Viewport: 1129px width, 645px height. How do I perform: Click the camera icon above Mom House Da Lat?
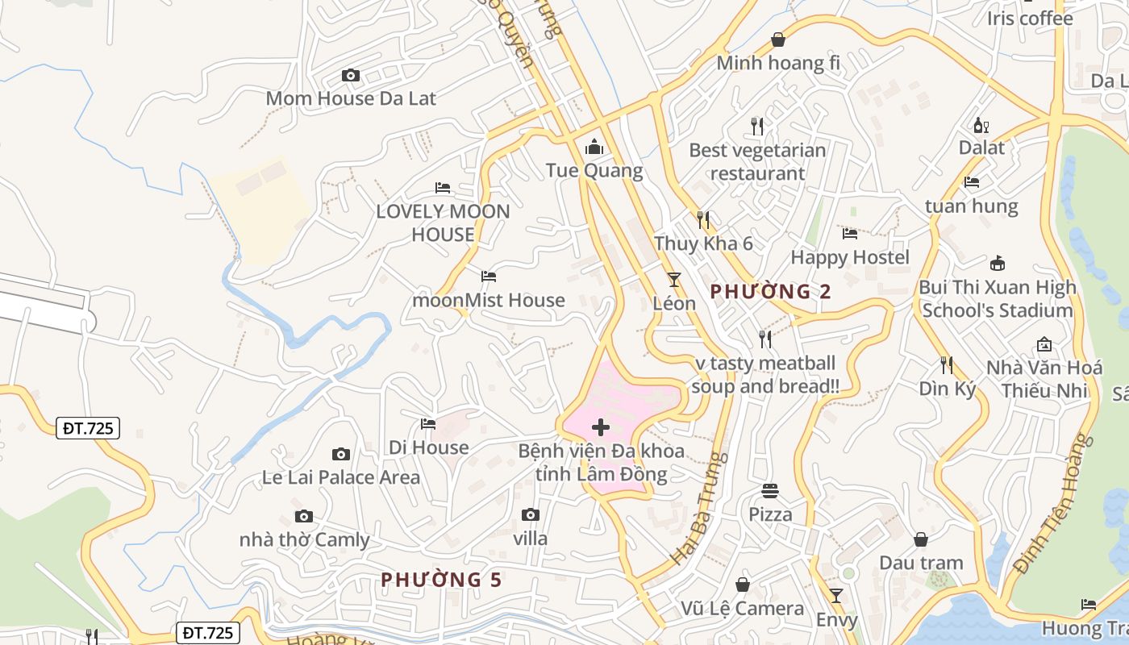[x=351, y=75]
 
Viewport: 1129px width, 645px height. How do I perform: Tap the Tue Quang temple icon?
[x=594, y=147]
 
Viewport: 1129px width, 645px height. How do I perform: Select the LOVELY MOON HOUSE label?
[x=443, y=223]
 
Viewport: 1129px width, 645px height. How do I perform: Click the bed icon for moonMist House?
[x=489, y=276]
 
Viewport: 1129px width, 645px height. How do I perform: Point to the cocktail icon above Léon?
[x=674, y=280]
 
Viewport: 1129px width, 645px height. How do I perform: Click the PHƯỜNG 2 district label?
[x=770, y=292]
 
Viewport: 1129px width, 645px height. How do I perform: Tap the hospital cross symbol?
[x=601, y=427]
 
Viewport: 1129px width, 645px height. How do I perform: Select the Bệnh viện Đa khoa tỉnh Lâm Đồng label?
[x=601, y=462]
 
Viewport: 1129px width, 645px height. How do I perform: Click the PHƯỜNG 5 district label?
[x=441, y=580]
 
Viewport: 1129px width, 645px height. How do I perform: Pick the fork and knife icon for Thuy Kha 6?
[x=703, y=219]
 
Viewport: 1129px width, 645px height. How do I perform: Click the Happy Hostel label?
[x=850, y=257]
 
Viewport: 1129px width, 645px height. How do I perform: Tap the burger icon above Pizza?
[x=770, y=490]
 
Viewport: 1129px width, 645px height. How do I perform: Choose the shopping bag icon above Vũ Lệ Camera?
[x=743, y=585]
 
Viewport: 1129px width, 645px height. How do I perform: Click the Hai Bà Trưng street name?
[x=699, y=508]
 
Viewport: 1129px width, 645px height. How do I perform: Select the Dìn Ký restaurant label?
[x=948, y=389]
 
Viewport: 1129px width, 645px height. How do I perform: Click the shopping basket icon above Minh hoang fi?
[x=778, y=39]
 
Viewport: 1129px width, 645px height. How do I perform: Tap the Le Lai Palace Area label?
[x=341, y=477]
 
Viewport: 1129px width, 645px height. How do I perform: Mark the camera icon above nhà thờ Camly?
[x=304, y=516]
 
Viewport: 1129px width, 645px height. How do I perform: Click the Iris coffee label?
[x=1030, y=19]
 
